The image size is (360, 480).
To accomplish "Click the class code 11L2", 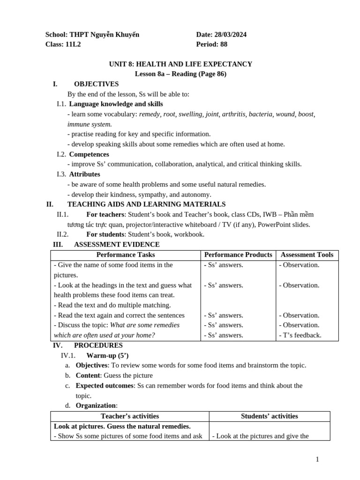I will point(72,45).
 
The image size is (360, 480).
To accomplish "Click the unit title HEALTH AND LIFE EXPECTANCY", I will point(194,64).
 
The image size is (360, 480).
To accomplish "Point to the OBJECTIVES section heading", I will point(96,84).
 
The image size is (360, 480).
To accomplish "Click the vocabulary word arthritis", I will point(234,114).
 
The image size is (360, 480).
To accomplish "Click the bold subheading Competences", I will point(89,154).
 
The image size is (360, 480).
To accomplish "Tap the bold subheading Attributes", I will point(84,174).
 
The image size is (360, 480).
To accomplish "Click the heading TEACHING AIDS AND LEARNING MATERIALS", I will point(146,204).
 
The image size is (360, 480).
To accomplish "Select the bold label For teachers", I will point(105,214).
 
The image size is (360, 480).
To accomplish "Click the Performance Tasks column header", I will point(126,255).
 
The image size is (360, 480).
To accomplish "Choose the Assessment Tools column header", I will point(307,255).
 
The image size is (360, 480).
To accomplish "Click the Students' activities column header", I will point(270,416).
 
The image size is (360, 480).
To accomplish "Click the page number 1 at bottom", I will point(317,459).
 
